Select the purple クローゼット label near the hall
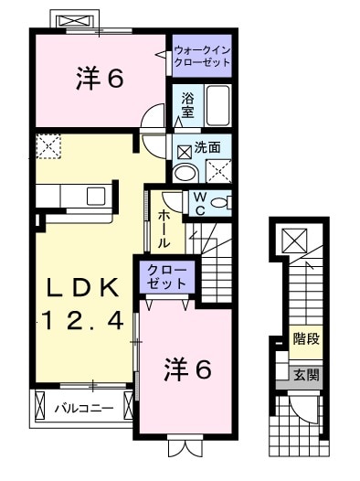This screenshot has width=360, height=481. pos(164,277)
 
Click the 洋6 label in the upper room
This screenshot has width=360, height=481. pos(99,80)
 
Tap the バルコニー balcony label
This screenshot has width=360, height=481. pos(82,407)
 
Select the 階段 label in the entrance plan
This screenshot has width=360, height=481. pos(305,337)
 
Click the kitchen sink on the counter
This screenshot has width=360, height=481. pos(96,195)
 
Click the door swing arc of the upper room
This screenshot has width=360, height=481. pos(154,116)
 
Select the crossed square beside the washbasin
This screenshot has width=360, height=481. pos(217,171)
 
